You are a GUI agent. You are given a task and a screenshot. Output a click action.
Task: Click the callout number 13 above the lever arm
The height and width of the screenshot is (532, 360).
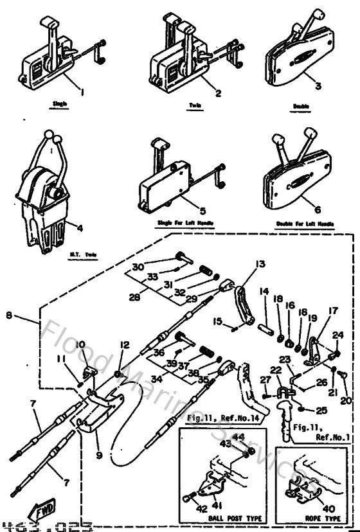[x=242, y=264]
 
